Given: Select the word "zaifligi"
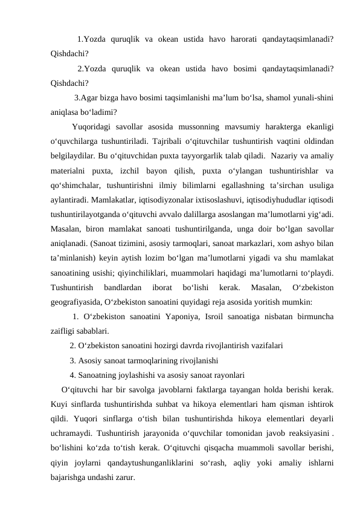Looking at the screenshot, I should click(x=64, y=331).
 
